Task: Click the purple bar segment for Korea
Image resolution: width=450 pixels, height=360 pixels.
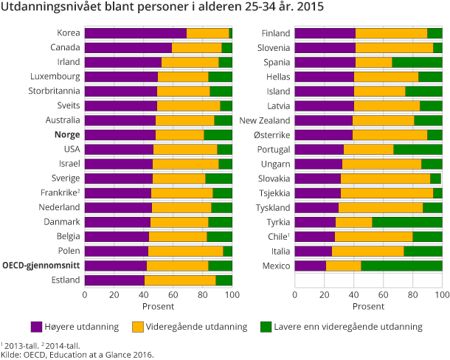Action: coord(135,33)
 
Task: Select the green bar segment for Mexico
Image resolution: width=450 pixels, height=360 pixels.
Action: coord(401,266)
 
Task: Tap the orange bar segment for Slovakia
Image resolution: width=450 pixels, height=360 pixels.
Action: coord(385,179)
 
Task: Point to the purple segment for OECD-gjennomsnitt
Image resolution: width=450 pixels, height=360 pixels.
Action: coord(116,266)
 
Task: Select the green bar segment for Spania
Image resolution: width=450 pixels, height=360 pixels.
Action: coord(417,63)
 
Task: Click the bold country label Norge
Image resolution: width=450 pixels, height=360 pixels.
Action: coord(67,135)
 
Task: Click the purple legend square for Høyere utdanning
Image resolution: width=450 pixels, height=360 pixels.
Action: coord(37,326)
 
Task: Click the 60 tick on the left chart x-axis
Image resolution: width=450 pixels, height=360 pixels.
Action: coord(173,295)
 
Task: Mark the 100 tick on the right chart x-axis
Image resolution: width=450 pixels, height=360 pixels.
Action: coord(440,295)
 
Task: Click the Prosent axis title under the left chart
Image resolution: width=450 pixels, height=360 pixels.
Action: coord(159,306)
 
